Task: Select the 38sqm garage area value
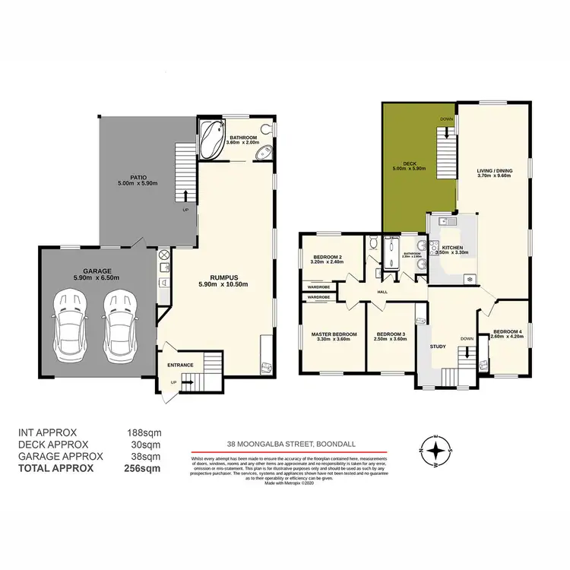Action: pos(145,456)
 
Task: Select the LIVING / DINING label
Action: pos(494,171)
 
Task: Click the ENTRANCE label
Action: pos(181,365)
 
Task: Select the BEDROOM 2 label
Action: pos(328,257)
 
